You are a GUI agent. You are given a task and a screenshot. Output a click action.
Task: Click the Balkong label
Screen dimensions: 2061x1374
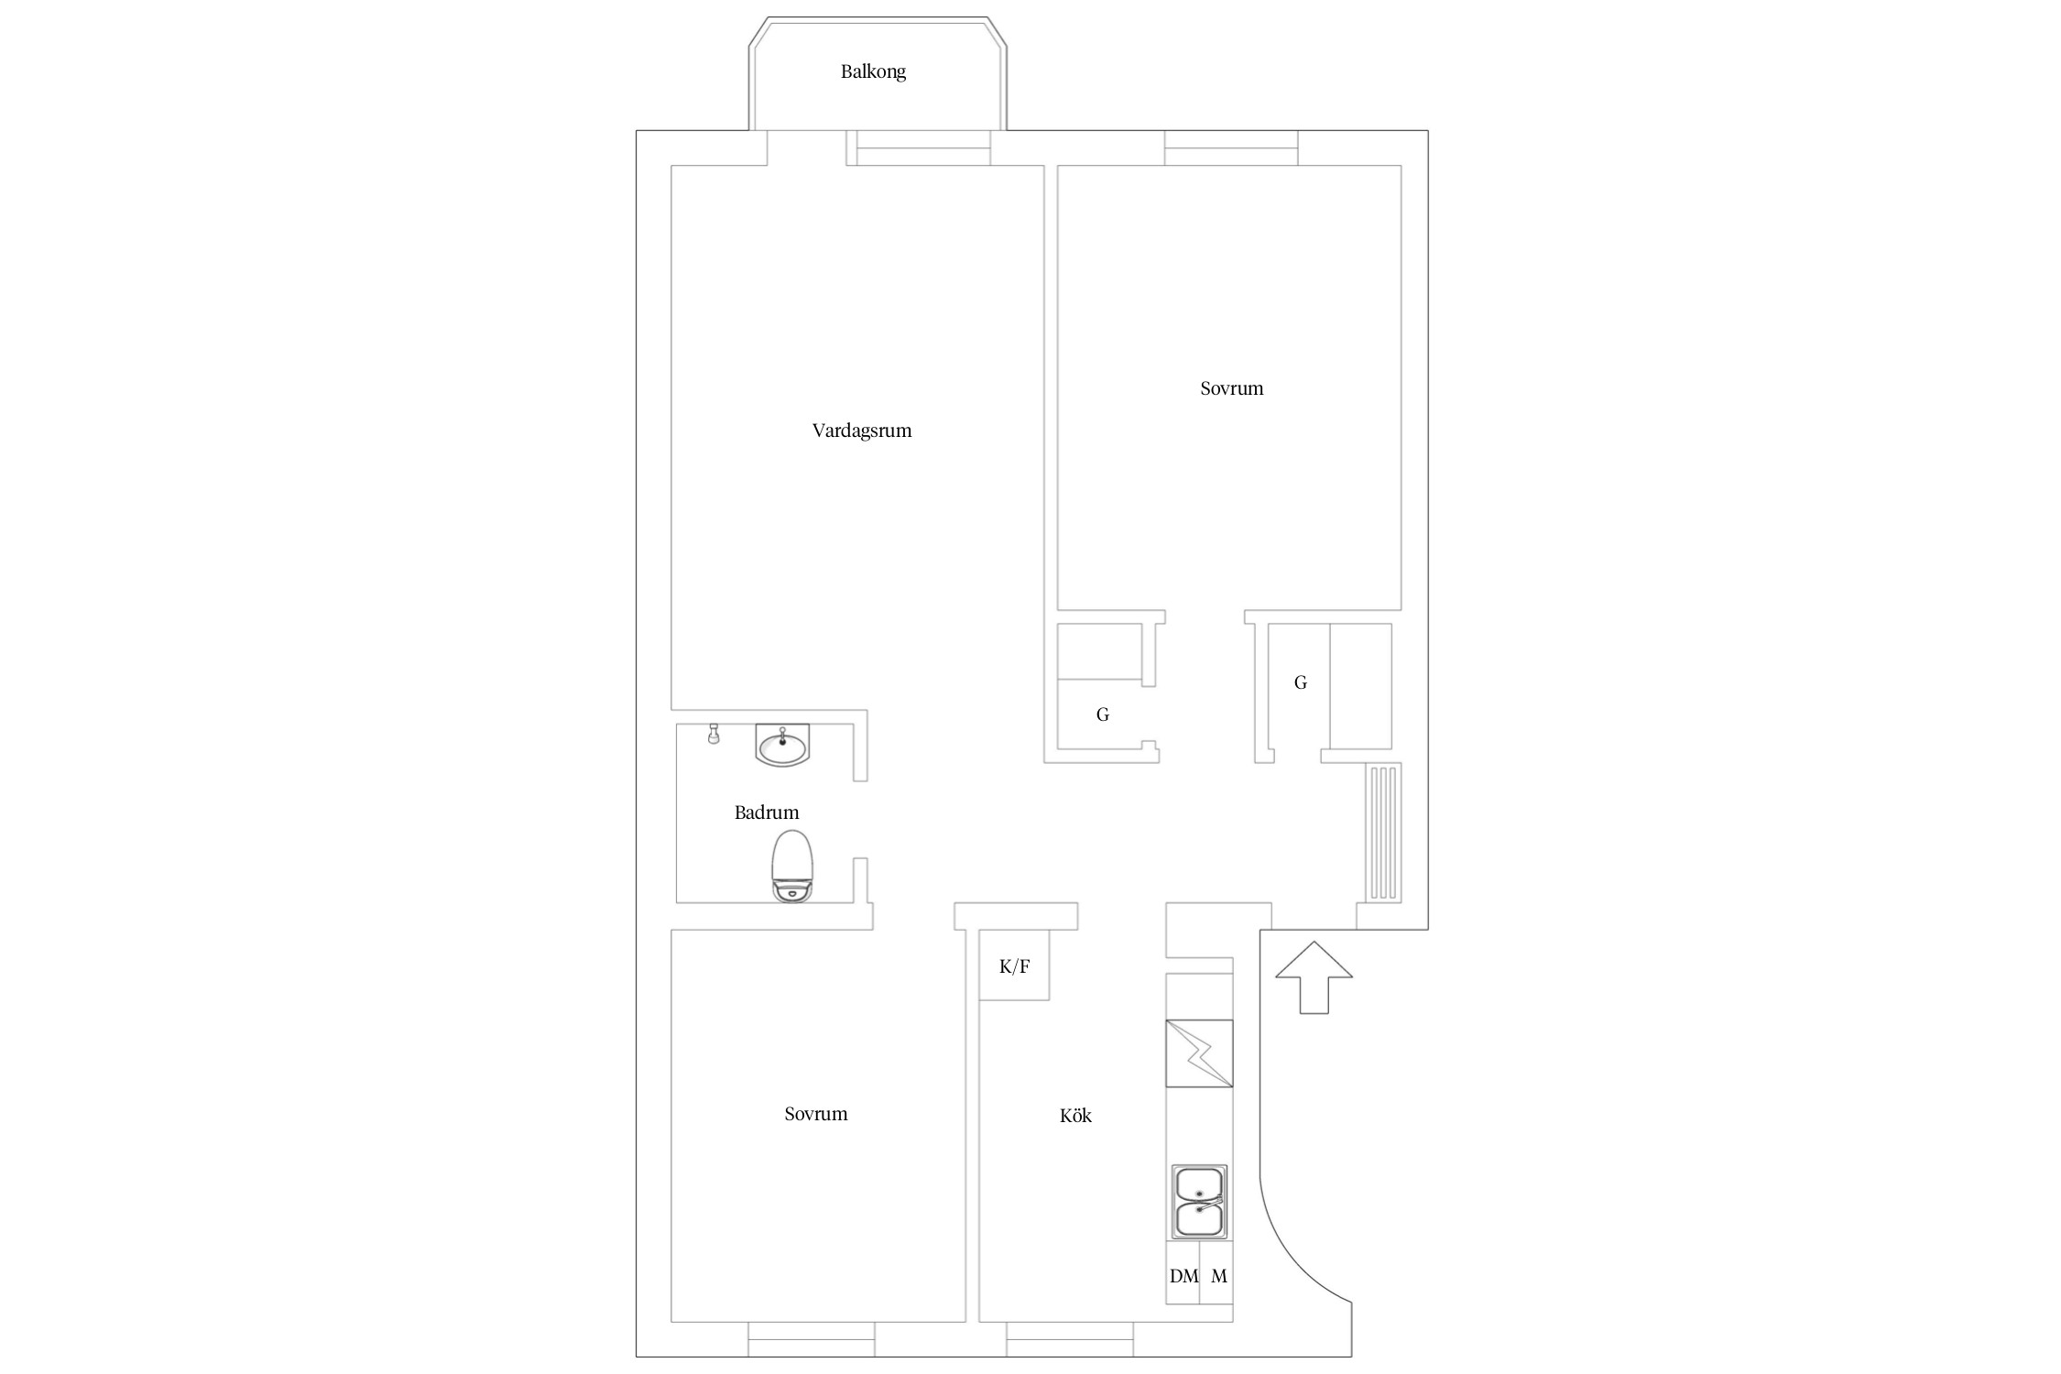873,71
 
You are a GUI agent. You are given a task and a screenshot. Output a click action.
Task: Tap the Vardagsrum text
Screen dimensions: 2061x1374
862,431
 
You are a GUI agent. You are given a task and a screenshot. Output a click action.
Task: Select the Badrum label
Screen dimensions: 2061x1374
767,812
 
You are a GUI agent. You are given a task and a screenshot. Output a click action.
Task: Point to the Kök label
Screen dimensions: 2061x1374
1075,1116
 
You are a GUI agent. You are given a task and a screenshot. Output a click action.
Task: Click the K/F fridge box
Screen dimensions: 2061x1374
1014,965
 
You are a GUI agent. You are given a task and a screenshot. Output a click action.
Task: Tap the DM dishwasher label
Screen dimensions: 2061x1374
1183,1276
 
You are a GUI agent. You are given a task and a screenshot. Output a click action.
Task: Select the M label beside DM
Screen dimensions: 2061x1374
1219,1276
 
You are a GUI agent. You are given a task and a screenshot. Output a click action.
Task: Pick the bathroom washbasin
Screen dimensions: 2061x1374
782,744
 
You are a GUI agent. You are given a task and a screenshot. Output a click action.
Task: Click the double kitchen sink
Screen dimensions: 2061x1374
1199,1202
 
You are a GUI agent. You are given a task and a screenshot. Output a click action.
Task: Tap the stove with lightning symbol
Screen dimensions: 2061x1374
1199,1053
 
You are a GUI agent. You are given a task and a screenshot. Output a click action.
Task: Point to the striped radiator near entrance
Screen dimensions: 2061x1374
1383,833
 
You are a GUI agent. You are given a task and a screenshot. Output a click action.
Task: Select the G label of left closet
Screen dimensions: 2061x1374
1103,714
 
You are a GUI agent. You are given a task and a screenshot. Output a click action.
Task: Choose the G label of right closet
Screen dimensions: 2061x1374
1300,682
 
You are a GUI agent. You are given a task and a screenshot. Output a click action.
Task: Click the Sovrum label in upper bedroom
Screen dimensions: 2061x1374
1231,388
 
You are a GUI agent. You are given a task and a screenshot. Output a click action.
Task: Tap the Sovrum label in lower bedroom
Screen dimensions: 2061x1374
815,1114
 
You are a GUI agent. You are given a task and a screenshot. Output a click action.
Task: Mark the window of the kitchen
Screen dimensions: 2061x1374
1070,1338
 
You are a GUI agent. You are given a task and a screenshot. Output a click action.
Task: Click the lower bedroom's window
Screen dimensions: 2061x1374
812,1338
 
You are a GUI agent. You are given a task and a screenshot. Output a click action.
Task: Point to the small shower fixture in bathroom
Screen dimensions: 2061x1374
714,734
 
